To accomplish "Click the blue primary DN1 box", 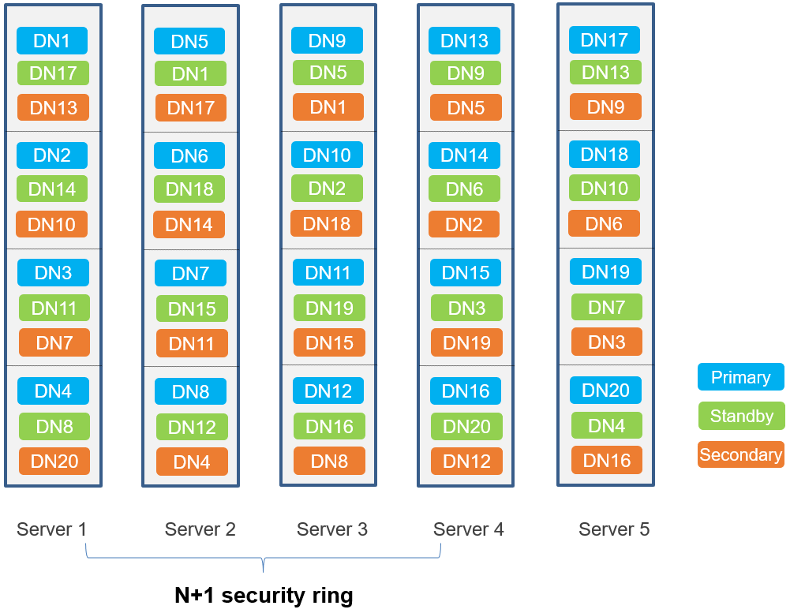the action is [52, 41].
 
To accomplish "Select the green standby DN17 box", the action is [53, 73].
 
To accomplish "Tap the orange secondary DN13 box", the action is [53, 107].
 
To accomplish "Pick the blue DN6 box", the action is [189, 155].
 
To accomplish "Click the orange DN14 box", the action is [189, 224].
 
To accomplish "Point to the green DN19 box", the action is [330, 308].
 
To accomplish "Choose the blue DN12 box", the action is [328, 391].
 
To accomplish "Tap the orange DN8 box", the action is [330, 461].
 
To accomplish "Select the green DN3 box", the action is [466, 308].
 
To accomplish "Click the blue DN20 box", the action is [605, 390].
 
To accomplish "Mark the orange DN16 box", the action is [607, 460].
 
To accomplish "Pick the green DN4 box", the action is [607, 425].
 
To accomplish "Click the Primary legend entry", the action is [741, 377].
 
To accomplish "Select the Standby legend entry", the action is [742, 416].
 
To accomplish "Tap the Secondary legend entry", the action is [741, 454].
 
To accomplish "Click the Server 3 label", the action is [332, 529].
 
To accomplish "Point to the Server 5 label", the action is [614, 529].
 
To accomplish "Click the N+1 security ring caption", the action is [264, 595].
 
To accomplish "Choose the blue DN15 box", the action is [466, 272].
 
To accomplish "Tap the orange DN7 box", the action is [54, 342].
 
